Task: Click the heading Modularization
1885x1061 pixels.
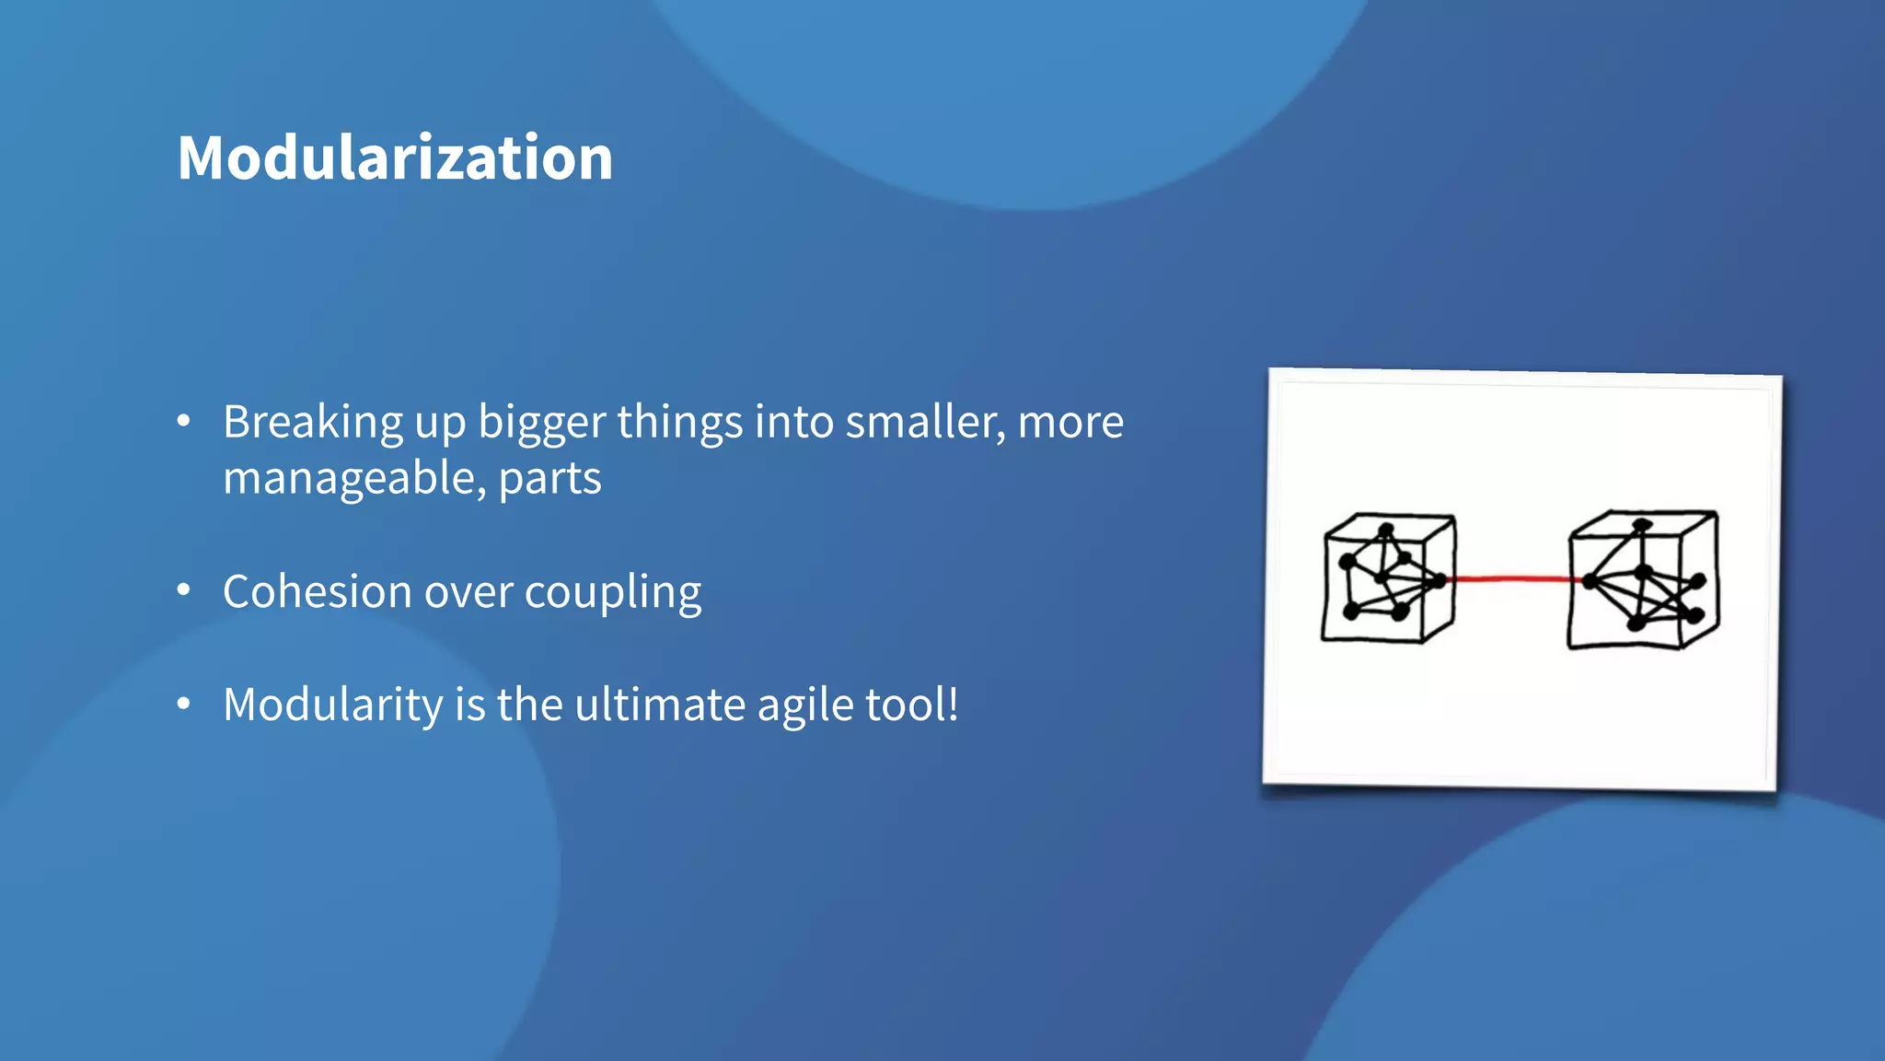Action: (395, 157)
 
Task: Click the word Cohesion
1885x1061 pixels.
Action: (317, 592)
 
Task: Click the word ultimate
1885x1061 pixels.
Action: (660, 705)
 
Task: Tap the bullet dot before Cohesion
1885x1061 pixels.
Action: (183, 589)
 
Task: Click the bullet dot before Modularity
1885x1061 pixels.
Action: (183, 704)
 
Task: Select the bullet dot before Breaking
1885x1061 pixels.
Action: (183, 421)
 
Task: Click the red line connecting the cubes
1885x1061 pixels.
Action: (1511, 578)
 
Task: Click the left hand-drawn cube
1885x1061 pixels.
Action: (1389, 577)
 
